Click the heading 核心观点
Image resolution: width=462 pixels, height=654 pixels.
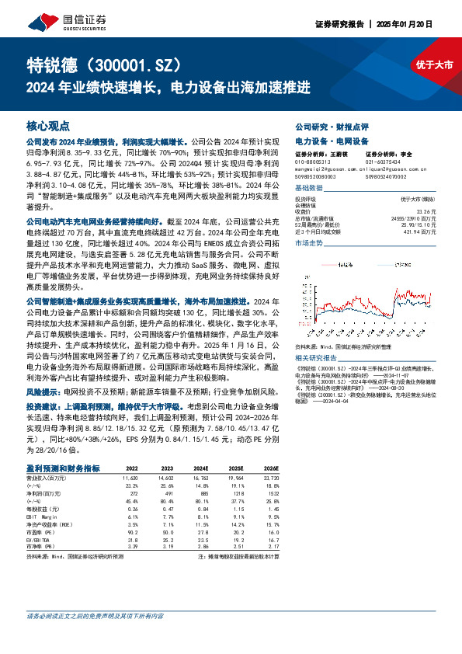point(47,125)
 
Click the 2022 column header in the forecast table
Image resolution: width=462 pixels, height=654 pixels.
point(131,468)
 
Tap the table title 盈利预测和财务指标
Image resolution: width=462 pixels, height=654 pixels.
point(63,468)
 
